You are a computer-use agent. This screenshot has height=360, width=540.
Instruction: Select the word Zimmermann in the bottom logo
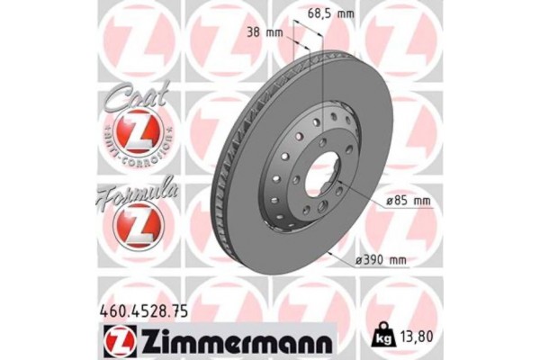click(x=236, y=340)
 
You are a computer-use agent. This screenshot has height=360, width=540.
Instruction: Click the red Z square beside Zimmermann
click(x=120, y=340)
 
